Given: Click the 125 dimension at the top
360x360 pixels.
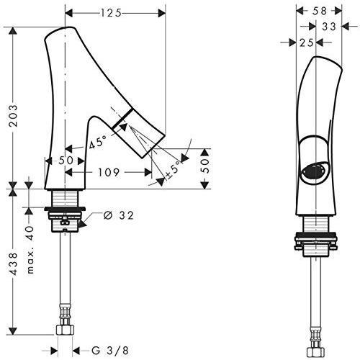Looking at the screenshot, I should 110,12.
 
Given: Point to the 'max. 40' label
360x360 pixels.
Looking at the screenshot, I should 30,250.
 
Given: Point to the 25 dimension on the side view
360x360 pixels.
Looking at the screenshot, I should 305,43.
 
